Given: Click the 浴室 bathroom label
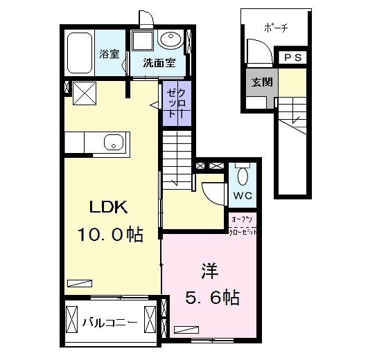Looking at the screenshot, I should pyautogui.click(x=108, y=54).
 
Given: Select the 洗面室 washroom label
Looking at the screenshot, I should pyautogui.click(x=159, y=63).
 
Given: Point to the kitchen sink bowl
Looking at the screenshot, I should pyautogui.click(x=114, y=143).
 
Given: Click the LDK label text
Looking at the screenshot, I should pyautogui.click(x=107, y=206).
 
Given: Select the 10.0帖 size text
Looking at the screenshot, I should pyautogui.click(x=110, y=235).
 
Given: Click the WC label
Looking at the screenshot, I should pyautogui.click(x=242, y=195).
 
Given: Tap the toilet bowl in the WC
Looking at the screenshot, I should pyautogui.click(x=242, y=172).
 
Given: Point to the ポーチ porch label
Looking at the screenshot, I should pyautogui.click(x=277, y=27).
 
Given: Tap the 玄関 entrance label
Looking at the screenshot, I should pyautogui.click(x=262, y=82).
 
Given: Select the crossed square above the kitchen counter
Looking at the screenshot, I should pyautogui.click(x=85, y=93).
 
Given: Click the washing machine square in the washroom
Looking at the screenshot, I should pyautogui.click(x=143, y=41).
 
